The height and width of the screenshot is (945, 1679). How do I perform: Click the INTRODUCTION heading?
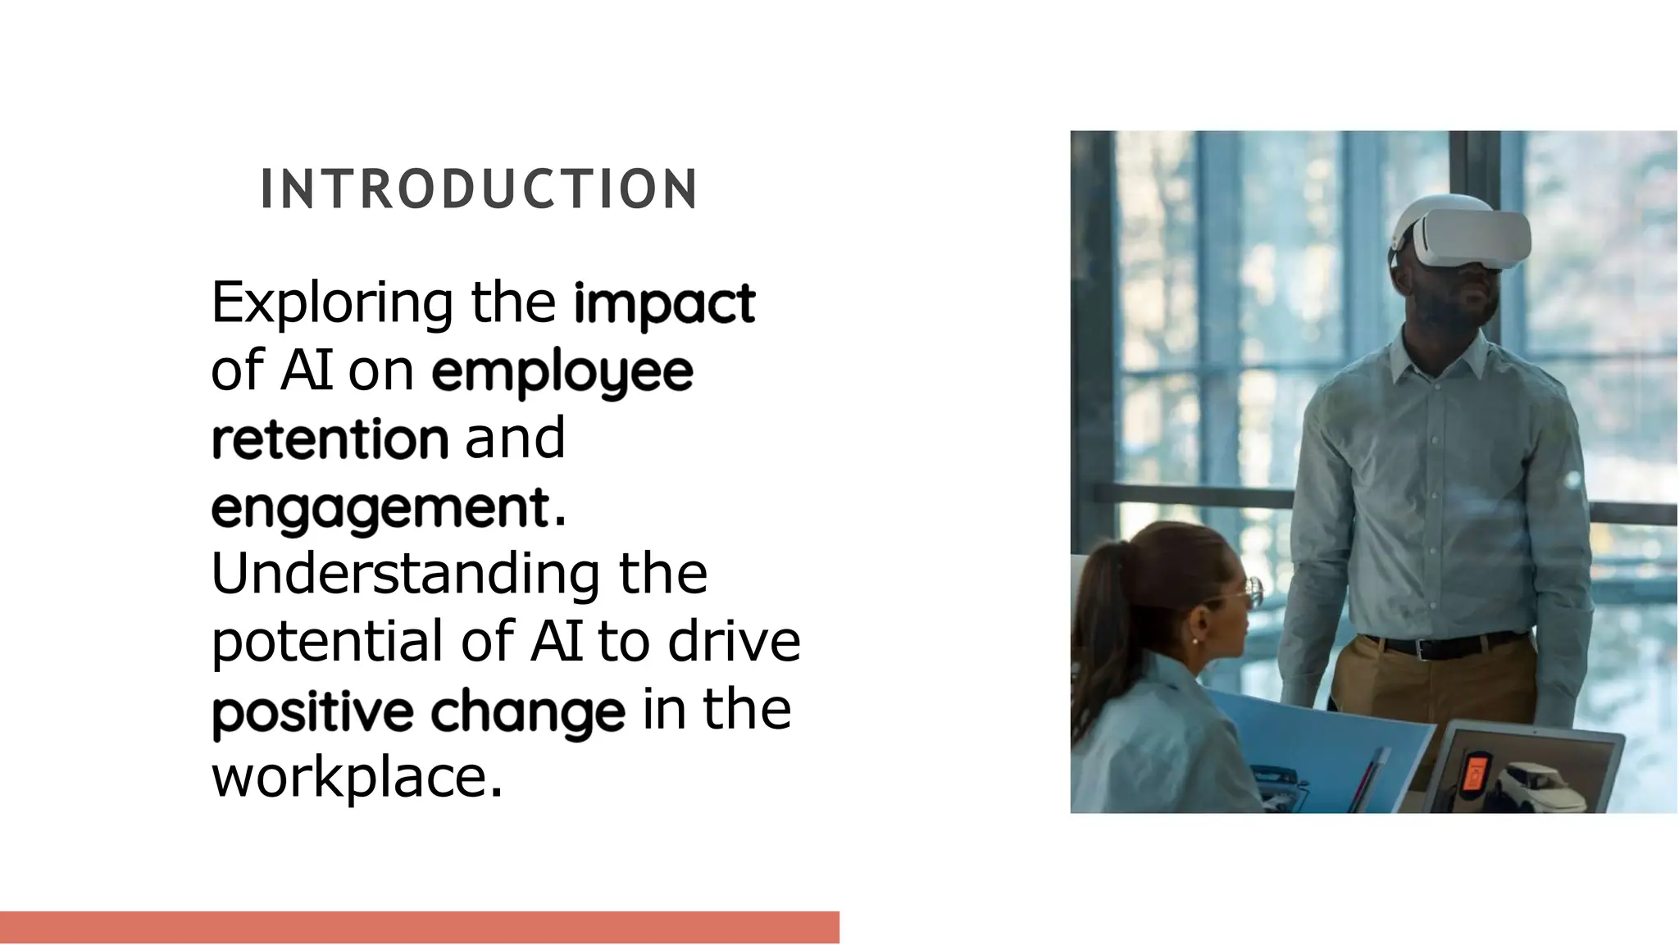479,189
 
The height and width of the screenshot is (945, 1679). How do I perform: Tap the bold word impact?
664,303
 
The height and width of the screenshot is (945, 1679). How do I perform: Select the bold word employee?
562,373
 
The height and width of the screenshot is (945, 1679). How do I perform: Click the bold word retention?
330,439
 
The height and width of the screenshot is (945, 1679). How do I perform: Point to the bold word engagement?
380,509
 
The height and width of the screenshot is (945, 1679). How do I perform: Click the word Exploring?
331,303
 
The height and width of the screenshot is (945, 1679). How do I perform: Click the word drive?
734,642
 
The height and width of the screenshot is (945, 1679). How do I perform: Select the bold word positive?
312,711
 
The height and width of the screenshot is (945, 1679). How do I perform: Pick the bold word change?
528,711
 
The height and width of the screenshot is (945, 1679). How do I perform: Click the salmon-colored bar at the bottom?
419,927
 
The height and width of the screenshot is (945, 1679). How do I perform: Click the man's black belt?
1443,647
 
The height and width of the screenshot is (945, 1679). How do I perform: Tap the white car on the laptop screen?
1533,783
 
